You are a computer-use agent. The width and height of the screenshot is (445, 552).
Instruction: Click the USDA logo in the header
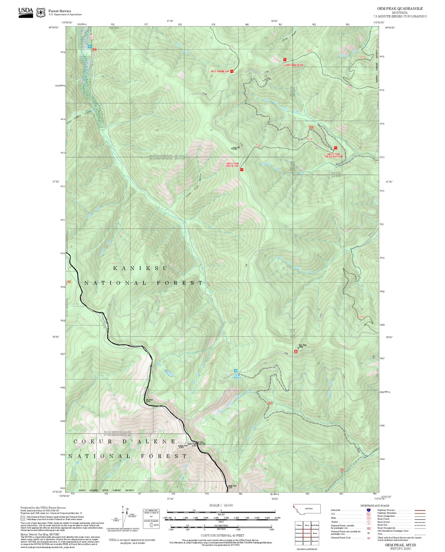pos(26,12)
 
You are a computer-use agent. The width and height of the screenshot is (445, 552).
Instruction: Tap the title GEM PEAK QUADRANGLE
pos(399,9)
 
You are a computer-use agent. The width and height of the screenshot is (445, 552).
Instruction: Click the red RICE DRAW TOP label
pos(220,71)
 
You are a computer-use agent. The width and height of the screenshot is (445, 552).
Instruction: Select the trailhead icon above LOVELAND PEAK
pos(285,60)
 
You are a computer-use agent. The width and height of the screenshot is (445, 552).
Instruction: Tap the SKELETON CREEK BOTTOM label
pos(333,155)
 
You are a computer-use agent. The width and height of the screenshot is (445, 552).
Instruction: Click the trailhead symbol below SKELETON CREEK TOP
pos(241,170)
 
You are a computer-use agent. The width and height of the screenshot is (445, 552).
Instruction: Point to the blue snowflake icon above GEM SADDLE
pos(236,371)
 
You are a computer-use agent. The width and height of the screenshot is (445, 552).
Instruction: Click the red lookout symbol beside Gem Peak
pos(296,351)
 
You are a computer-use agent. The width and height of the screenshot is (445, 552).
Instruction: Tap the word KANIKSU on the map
pos(140,268)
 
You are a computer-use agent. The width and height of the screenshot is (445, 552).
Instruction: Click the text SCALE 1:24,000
pos(221,505)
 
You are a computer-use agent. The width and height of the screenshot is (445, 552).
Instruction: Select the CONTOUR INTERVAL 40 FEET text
pos(221,535)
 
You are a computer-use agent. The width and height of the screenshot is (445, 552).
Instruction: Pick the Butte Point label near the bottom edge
pos(232,486)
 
